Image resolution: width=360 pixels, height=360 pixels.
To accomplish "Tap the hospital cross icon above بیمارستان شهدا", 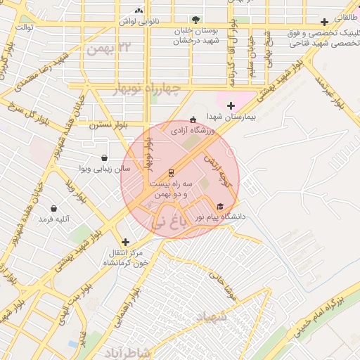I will (x=231, y=105).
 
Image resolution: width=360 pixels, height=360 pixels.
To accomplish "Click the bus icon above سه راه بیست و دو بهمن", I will (x=171, y=173).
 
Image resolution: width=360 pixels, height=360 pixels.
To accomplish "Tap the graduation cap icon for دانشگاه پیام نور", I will (x=221, y=207).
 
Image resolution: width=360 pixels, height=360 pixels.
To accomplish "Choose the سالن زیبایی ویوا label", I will (x=104, y=169).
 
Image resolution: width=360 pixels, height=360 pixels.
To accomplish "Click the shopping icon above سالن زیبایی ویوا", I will (x=105, y=158).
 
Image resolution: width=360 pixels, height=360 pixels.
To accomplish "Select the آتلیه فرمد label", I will (x=55, y=219).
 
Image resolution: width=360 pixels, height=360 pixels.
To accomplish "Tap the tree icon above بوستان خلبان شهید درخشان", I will (x=195, y=20).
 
